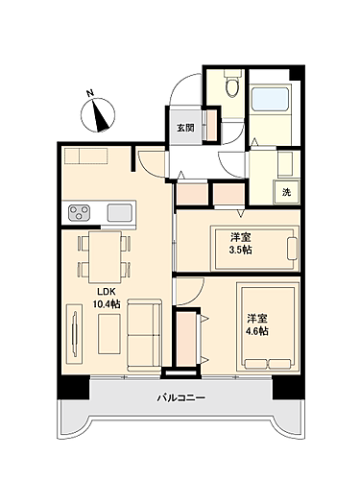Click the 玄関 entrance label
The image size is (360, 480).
(x=184, y=128)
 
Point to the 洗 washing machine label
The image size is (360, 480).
(x=287, y=192)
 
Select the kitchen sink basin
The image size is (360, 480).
(x=120, y=211)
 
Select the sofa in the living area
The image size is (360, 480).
(x=144, y=331)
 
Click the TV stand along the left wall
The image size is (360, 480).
(x=73, y=331)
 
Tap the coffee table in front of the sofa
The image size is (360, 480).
(x=107, y=331)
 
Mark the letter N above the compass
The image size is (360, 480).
(x=89, y=93)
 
